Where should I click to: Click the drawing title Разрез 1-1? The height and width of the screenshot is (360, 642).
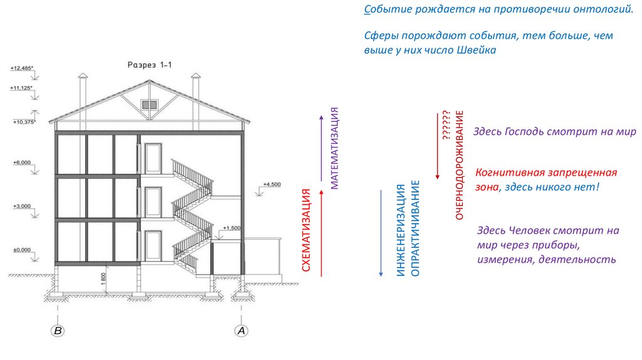click(149, 65)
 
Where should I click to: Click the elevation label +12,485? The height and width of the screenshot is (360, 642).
click(21, 68)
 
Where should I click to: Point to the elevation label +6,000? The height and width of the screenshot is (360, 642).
click(21, 162)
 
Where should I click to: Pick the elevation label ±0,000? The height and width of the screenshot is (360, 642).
click(21, 250)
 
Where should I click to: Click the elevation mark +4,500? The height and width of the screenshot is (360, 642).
click(271, 184)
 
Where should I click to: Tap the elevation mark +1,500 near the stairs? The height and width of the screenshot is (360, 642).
click(232, 227)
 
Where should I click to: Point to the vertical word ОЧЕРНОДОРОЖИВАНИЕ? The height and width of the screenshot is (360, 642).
click(460, 164)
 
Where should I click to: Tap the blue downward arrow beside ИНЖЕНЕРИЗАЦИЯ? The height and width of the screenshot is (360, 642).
click(381, 232)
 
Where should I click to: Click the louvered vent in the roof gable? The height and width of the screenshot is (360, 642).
click(149, 105)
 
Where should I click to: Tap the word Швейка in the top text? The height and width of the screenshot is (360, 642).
click(476, 51)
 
